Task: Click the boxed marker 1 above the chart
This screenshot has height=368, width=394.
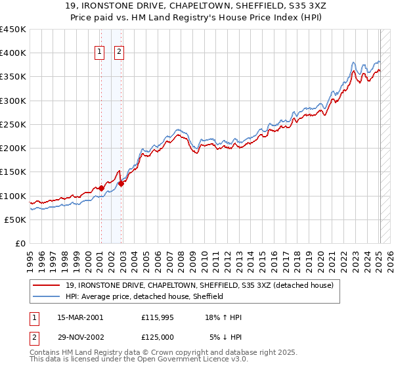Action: [x=100, y=53]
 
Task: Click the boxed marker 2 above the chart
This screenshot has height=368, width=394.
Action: [x=120, y=53]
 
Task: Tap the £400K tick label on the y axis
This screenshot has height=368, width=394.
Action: [x=12, y=53]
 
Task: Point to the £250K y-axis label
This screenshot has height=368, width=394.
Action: [x=12, y=124]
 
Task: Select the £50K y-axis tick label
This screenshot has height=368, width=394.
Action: [x=15, y=219]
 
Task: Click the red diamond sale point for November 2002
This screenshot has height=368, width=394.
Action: [x=121, y=183]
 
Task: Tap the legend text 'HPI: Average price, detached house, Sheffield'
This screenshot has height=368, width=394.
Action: [x=144, y=296]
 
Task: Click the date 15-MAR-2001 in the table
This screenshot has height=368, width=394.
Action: [x=80, y=317]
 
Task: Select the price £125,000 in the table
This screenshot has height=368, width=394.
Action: [x=158, y=336]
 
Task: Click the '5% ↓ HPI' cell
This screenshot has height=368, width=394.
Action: [x=227, y=336]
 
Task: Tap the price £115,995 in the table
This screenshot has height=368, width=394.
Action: [x=158, y=317]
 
